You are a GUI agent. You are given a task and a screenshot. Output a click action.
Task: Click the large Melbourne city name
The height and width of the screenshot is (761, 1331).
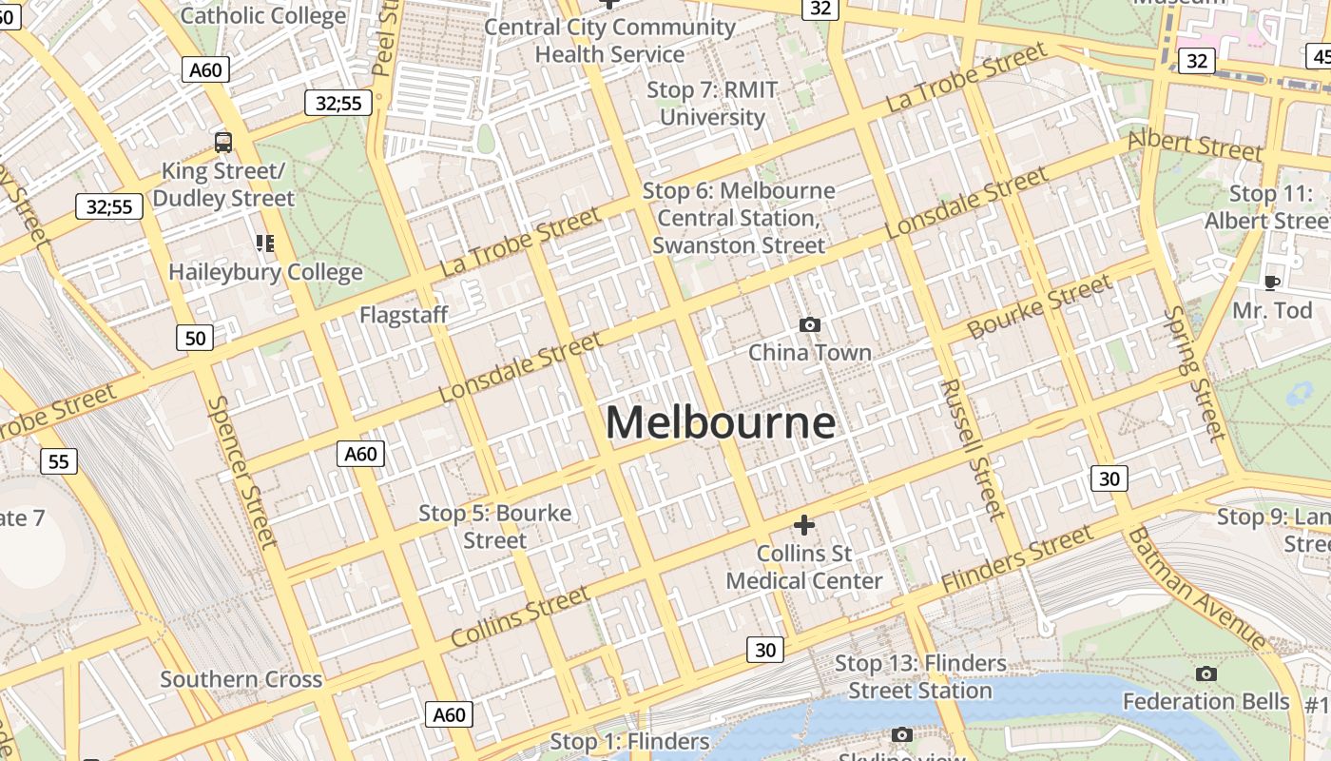[721, 422]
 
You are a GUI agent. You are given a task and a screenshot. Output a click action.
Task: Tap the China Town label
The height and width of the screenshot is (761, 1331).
[810, 353]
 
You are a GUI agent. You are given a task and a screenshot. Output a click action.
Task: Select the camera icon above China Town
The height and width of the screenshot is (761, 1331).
[810, 325]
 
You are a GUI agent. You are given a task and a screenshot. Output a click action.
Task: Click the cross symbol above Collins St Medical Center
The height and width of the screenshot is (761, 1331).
[804, 525]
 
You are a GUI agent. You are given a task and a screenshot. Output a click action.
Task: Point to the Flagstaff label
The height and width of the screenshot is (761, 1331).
[403, 315]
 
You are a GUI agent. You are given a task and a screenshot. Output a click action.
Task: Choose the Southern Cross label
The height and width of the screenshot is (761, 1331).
[241, 679]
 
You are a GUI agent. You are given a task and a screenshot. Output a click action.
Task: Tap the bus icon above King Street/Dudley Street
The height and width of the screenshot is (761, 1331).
[223, 143]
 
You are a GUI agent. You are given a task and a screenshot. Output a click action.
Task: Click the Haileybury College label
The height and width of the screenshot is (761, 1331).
[265, 272]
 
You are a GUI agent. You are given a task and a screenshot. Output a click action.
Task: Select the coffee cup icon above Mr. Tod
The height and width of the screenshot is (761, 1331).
[1271, 283]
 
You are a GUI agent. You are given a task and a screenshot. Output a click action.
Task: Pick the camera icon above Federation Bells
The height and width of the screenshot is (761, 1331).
[1206, 674]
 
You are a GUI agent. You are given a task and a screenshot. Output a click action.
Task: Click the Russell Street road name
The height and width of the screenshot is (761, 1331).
[972, 449]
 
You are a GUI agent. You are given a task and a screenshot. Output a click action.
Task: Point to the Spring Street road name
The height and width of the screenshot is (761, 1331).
[1194, 373]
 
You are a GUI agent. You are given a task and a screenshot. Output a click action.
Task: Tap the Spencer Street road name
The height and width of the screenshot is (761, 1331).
[242, 472]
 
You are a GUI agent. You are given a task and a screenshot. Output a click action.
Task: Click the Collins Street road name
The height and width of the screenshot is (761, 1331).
[520, 616]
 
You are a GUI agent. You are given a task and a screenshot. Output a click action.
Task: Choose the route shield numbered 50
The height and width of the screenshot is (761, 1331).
[195, 338]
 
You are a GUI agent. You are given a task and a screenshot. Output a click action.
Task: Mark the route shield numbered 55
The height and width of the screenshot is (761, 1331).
[59, 461]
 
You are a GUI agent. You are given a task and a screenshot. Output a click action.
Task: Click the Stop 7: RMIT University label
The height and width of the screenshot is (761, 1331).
[712, 104]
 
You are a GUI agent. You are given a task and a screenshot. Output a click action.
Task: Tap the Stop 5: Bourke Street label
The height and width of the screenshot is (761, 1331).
[495, 527]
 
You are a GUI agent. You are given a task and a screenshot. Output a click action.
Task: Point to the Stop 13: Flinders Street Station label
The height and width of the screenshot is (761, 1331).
[920, 676]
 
